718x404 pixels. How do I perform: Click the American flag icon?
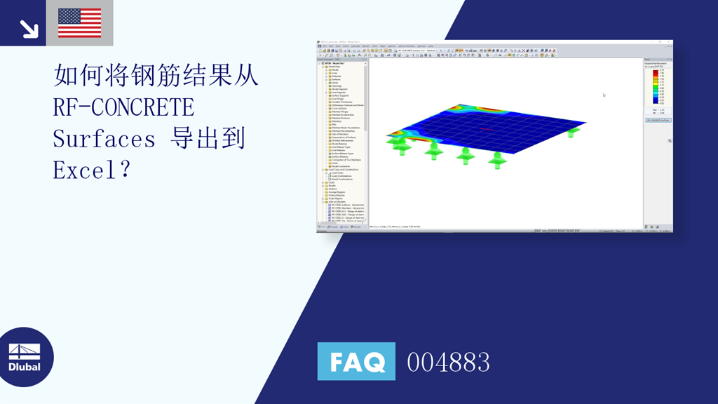point(79,22)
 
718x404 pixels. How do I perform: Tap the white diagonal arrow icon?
point(29,28)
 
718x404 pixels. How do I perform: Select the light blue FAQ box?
point(356,362)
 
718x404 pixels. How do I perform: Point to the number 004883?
point(448,363)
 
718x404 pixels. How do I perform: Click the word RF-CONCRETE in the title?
point(123,107)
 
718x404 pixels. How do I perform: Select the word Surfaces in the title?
point(104,139)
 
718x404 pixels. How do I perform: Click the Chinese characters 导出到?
point(208,138)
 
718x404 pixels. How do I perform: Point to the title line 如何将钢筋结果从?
point(156,76)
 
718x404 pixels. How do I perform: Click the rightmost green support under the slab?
point(574,132)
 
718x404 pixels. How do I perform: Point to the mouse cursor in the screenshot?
point(604,95)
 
